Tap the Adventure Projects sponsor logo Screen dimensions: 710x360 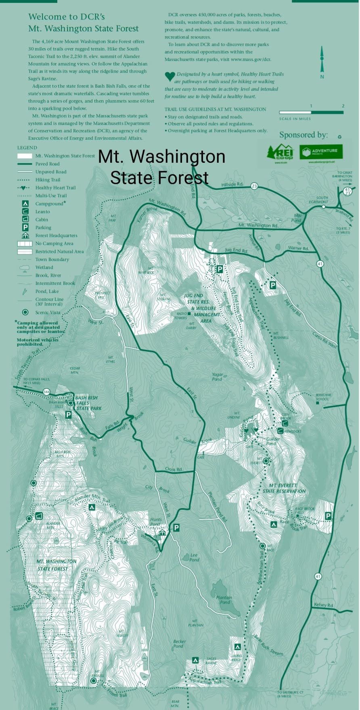tap(321, 152)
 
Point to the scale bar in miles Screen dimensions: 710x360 tap(311, 112)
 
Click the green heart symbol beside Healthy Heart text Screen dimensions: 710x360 tap(170, 76)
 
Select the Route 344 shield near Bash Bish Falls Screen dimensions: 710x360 tap(47, 391)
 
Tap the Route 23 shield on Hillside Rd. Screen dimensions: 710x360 tap(254, 186)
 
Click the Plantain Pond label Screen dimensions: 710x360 tap(224, 599)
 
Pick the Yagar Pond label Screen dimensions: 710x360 tap(217, 377)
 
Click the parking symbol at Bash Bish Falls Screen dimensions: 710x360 tap(68, 414)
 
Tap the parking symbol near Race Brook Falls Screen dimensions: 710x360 tap(328, 516)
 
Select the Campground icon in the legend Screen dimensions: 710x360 tap(25, 204)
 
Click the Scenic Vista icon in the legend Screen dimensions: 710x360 tap(25, 312)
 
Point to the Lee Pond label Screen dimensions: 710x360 tap(194, 557)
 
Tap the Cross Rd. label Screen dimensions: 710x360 tap(174, 469)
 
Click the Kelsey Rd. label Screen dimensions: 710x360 tap(324, 605)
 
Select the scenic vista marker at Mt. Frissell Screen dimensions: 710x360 tap(94, 681)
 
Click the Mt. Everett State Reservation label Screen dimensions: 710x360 tap(284, 488)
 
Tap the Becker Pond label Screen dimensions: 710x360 tap(180, 643)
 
